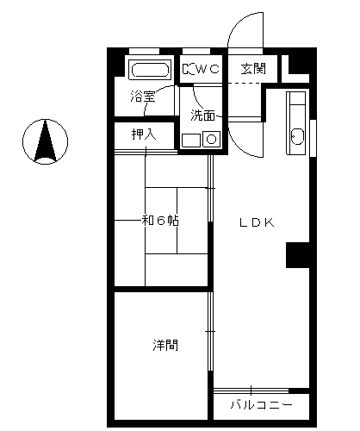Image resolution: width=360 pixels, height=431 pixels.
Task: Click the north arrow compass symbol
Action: click(x=45, y=141)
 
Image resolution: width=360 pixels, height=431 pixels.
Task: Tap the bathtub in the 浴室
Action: click(x=150, y=69)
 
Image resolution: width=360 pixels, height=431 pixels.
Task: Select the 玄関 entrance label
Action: click(x=253, y=69)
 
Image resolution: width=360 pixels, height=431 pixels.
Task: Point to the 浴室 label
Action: click(x=143, y=96)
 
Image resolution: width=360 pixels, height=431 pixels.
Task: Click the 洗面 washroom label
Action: click(x=203, y=116)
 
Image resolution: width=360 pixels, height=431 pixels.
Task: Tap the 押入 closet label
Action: click(x=144, y=134)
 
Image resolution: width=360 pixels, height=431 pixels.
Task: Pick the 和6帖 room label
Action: click(x=160, y=221)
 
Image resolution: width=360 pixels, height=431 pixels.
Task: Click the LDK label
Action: click(x=257, y=222)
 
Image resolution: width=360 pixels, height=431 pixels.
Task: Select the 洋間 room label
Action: click(x=165, y=345)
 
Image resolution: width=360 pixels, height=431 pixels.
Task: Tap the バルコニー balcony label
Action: click(x=262, y=405)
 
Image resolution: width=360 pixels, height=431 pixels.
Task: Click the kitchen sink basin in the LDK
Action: click(x=297, y=137)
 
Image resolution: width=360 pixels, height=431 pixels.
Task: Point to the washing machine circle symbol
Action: click(x=212, y=140)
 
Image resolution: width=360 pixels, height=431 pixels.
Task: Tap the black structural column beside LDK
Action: click(x=298, y=255)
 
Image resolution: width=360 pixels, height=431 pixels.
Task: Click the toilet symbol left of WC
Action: click(x=189, y=69)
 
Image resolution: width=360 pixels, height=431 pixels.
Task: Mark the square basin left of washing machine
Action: click(x=191, y=141)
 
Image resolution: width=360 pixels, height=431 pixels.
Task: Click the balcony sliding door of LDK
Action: click(x=251, y=390)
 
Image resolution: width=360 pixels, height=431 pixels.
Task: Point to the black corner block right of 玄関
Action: click(x=299, y=64)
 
